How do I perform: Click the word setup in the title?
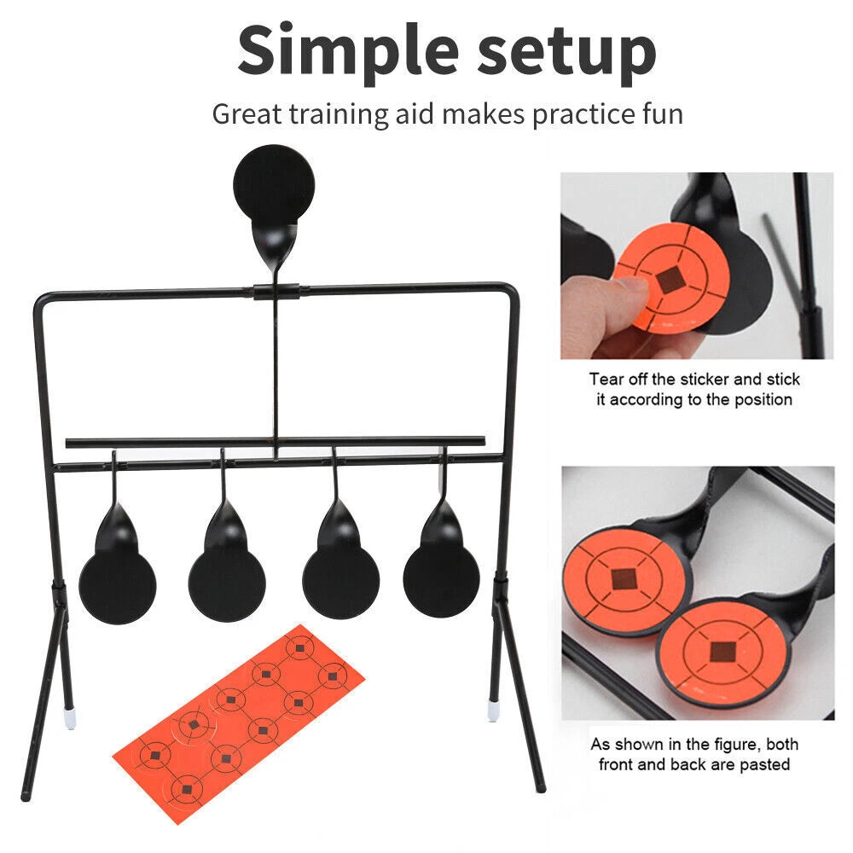point(566,55)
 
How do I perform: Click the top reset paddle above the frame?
point(274,185)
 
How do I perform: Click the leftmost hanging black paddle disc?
point(118,585)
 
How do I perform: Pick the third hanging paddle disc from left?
point(340,580)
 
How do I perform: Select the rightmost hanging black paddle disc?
point(441,579)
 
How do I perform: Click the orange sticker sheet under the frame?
point(238,724)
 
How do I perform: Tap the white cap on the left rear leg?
point(69,718)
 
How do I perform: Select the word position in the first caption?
point(763,400)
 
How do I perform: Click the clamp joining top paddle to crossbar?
point(276,292)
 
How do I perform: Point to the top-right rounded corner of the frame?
point(510,291)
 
